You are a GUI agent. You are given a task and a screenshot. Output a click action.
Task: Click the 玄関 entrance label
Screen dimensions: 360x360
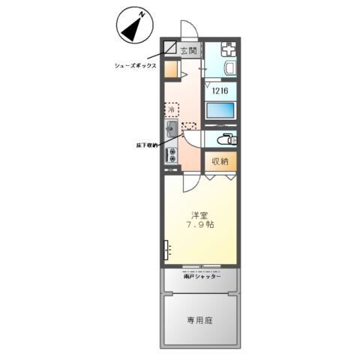188,50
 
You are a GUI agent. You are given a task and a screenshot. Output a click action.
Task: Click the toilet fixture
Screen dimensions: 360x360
223,139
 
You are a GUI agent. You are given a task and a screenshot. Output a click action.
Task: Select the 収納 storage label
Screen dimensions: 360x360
219,161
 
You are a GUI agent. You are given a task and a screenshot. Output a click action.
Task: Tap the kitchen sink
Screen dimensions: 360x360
171,130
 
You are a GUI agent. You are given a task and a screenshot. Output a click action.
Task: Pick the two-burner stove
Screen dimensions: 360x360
172,156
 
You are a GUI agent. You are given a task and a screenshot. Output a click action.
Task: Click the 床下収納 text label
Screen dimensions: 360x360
145,145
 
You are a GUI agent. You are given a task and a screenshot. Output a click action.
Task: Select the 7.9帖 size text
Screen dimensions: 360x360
200,224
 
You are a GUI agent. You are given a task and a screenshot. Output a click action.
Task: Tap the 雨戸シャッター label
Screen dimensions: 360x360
202,277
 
